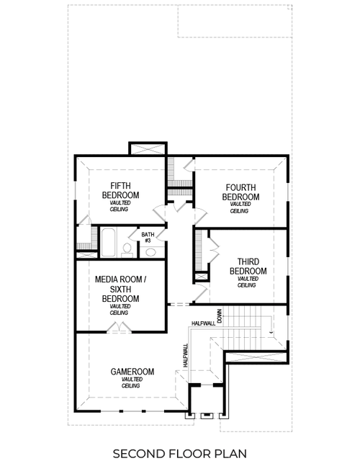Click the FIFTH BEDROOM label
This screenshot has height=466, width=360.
click(120, 189)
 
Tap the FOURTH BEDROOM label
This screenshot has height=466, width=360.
click(240, 192)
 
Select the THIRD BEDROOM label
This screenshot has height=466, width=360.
click(248, 266)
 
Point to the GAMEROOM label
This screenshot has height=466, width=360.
click(130, 372)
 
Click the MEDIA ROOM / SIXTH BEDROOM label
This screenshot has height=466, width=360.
click(120, 288)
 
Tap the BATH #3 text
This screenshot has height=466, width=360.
click(148, 237)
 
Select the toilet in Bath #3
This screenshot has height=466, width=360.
click(127, 248)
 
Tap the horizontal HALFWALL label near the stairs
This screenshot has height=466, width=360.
click(204, 323)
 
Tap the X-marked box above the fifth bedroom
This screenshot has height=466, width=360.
click(148, 149)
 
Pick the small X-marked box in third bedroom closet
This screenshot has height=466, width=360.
click(199, 276)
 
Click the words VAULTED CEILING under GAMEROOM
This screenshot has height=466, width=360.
click(130, 382)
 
